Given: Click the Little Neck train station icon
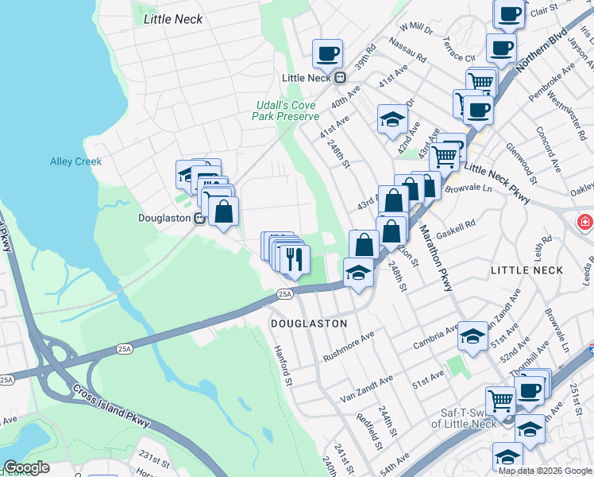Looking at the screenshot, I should (341, 78).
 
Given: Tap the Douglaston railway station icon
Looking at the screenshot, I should (199, 218).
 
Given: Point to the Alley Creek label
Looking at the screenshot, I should (76, 161).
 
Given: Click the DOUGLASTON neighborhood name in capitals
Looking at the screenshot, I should (309, 324).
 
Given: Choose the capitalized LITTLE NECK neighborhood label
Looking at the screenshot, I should (526, 270).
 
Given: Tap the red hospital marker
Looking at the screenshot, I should (586, 220).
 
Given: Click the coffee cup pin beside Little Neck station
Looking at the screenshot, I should (327, 54).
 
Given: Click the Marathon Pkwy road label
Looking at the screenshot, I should (435, 246).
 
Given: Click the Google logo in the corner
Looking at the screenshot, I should (26, 467).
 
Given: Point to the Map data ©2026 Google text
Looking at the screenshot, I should (545, 470).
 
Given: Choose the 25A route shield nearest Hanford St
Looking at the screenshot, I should (285, 294).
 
